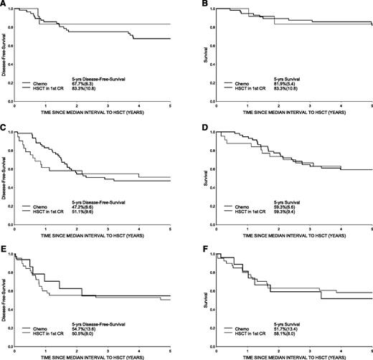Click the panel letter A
(4, 4)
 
